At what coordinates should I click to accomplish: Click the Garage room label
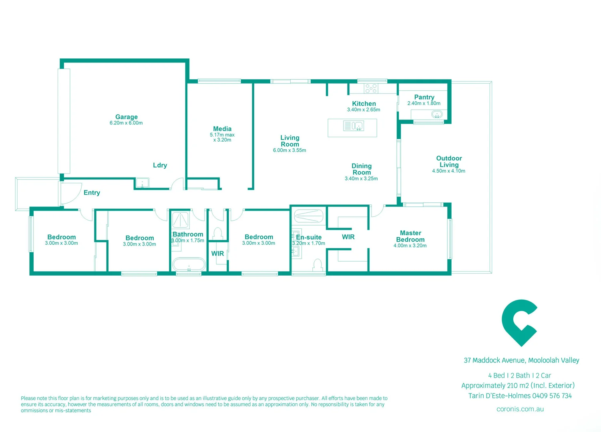[127, 117]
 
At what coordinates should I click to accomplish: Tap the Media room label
[222, 129]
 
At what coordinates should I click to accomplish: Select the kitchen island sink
[358, 126]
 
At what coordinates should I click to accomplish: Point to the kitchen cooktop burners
[371, 88]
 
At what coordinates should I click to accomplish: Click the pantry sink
[437, 115]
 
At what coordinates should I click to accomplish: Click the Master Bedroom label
[410, 236]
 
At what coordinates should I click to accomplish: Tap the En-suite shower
[308, 216]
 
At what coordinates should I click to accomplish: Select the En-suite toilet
[318, 264]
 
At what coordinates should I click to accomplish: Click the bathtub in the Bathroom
[189, 264]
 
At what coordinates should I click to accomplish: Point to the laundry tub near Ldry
[142, 183]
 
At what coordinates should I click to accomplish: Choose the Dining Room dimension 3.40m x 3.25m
[361, 179]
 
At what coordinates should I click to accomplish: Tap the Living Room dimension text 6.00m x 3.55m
[289, 150]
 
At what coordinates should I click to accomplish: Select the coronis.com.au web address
[520, 409]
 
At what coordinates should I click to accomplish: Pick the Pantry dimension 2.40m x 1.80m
[424, 103]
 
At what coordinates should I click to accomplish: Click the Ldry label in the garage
[160, 165]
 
